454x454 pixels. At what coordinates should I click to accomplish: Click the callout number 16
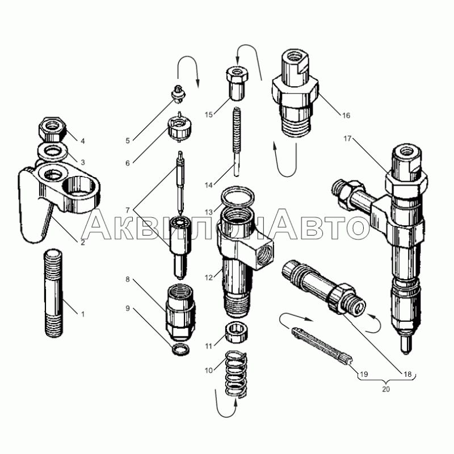pos(346,116)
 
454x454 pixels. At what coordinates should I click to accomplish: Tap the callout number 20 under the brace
pos(386,389)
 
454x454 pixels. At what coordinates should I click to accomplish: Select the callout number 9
pos(128,308)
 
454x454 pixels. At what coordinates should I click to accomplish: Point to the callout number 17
pos(347,138)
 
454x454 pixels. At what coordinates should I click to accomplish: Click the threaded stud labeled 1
pos(54,293)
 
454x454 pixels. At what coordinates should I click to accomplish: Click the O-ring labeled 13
pos(238,197)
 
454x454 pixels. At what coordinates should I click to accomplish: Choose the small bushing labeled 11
pos(237,332)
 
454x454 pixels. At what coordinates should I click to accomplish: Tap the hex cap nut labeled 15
pos(237,83)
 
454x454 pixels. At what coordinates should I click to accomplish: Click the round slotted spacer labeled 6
pos(179,129)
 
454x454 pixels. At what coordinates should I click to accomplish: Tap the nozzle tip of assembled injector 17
pos(406,344)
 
